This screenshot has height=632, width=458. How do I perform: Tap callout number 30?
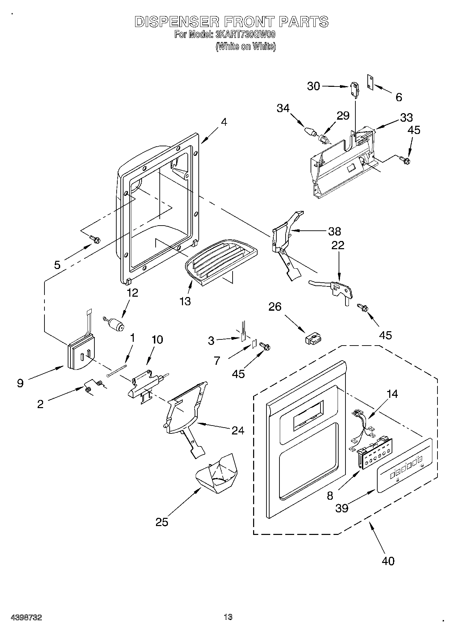tap(313, 86)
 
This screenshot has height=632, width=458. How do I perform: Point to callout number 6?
tap(399, 97)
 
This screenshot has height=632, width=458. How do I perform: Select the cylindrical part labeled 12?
tap(116, 324)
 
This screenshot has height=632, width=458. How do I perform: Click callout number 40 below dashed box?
tap(388, 561)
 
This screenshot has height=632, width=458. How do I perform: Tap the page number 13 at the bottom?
tap(228, 617)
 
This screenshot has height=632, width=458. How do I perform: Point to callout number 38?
tap(335, 231)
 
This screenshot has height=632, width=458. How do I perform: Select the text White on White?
tap(246, 46)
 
